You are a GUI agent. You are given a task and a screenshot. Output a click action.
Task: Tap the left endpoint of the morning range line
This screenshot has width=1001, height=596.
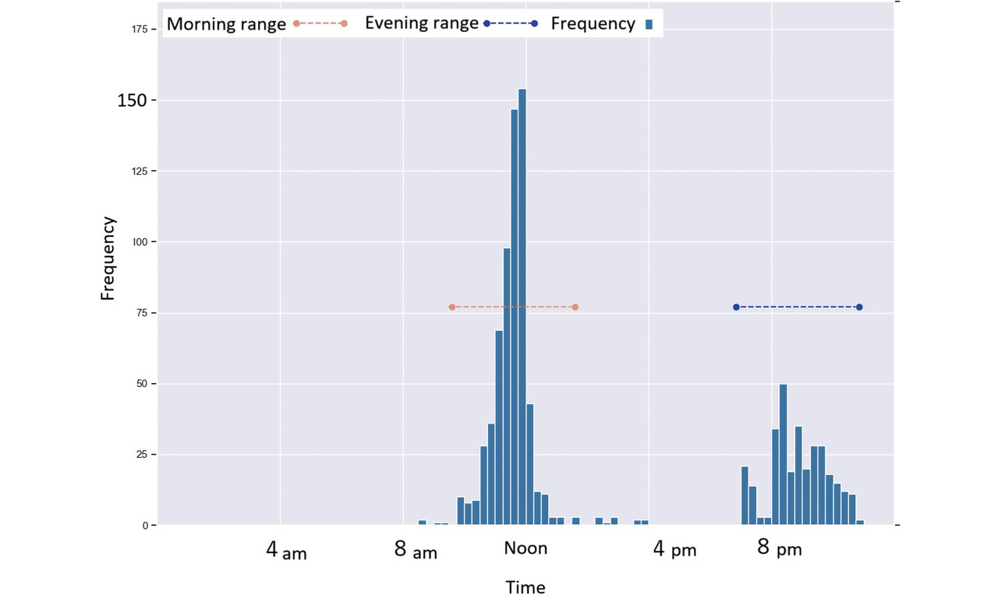point(451,307)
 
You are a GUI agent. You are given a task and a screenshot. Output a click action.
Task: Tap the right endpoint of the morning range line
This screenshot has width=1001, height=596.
point(575,307)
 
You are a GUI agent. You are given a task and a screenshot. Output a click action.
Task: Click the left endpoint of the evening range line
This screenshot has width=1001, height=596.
point(736,307)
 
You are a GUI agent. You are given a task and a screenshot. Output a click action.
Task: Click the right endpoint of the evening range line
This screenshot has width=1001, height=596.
point(859,307)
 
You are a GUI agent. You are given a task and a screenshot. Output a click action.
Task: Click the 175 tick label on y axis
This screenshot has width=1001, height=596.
point(140,30)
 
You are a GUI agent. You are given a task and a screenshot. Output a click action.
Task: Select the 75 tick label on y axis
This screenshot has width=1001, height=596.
point(143,314)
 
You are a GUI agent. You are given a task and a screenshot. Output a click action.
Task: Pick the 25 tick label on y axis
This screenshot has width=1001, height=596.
point(143,455)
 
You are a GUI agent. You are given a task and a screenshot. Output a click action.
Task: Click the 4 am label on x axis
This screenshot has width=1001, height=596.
point(286,551)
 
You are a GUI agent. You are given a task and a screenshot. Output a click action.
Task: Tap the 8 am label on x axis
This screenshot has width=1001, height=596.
point(416,551)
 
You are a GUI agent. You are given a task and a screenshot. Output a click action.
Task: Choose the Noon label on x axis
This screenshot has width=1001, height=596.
point(525,548)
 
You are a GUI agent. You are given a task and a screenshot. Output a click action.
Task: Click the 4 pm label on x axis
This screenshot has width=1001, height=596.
point(674,551)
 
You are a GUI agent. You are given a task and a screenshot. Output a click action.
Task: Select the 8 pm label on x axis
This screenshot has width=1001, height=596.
point(779,549)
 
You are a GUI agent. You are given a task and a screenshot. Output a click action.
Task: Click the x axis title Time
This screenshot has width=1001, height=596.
point(525,587)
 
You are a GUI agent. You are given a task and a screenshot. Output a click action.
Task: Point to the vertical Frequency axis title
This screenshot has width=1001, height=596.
point(108,258)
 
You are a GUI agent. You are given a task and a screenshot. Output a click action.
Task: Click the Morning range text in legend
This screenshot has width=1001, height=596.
point(226,24)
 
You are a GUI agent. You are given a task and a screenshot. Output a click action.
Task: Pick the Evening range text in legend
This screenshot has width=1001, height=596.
point(421,23)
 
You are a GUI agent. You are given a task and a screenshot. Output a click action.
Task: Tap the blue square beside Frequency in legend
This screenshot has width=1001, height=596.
point(649,25)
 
